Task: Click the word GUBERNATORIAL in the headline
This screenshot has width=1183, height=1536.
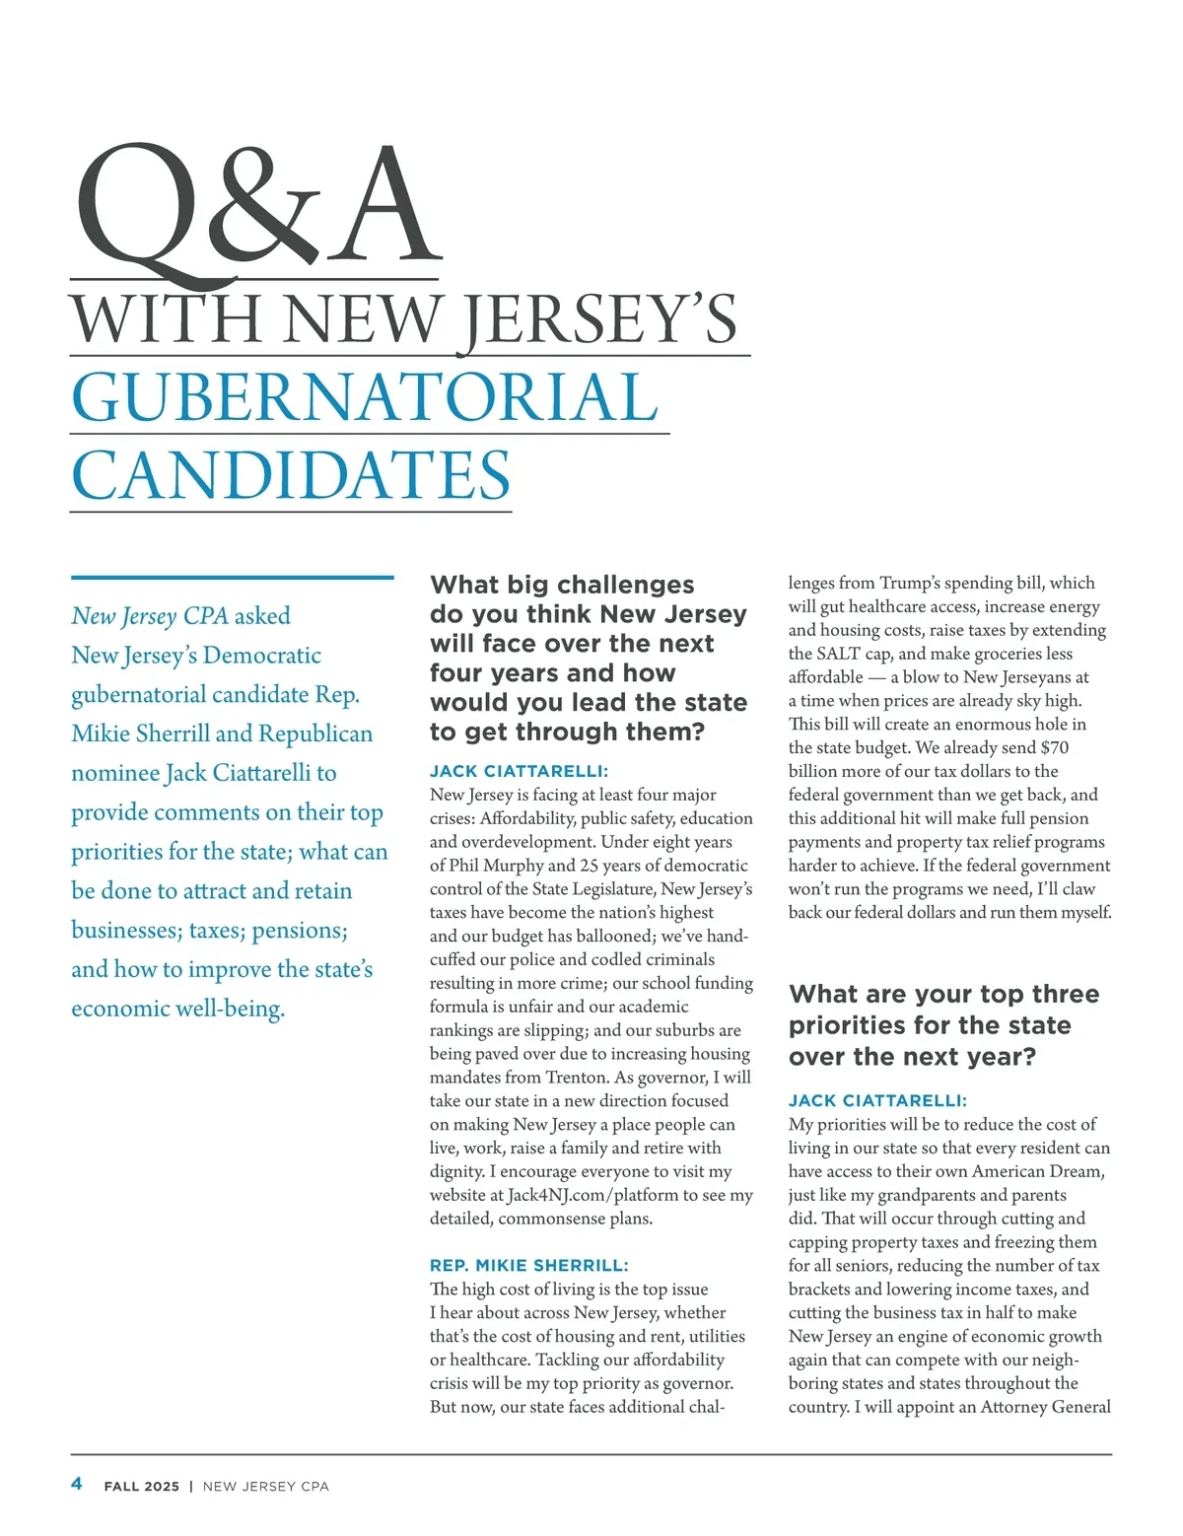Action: pyautogui.click(x=365, y=397)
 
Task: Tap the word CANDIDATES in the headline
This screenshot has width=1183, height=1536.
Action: pyautogui.click(x=291, y=475)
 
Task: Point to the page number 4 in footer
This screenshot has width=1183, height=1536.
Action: pyautogui.click(x=77, y=1484)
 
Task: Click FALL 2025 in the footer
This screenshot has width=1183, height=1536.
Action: pyautogui.click(x=142, y=1486)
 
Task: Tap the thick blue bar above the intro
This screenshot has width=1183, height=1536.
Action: pyautogui.click(x=232, y=578)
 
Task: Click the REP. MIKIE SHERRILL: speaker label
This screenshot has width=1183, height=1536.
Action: pyautogui.click(x=528, y=1265)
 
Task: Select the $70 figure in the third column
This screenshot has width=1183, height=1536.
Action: pyautogui.click(x=1054, y=747)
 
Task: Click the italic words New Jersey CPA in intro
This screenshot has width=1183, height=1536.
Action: pyautogui.click(x=150, y=616)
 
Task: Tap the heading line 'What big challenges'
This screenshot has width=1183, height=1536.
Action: pyautogui.click(x=562, y=585)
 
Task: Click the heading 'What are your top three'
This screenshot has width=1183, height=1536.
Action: pyautogui.click(x=943, y=994)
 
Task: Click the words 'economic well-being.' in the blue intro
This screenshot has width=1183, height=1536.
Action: pyautogui.click(x=177, y=1009)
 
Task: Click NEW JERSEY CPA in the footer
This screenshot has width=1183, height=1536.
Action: pyautogui.click(x=265, y=1486)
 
